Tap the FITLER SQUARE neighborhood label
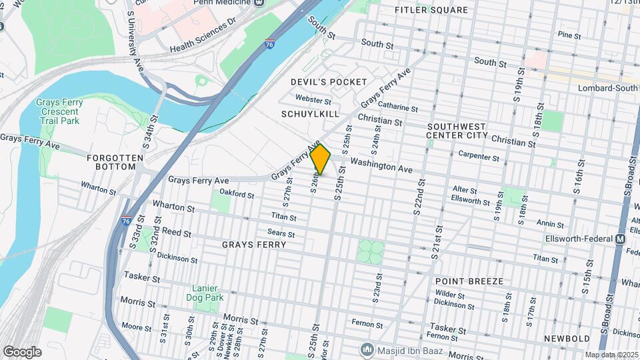click(x=431, y=10)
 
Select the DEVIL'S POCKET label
click(x=329, y=81)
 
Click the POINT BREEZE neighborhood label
click(x=469, y=281)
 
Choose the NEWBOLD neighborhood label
click(x=567, y=339)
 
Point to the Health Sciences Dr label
click(x=203, y=35)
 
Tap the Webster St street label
click(x=313, y=100)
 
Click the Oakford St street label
click(x=237, y=195)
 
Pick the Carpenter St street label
click(x=479, y=157)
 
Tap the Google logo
click(x=22, y=351)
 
